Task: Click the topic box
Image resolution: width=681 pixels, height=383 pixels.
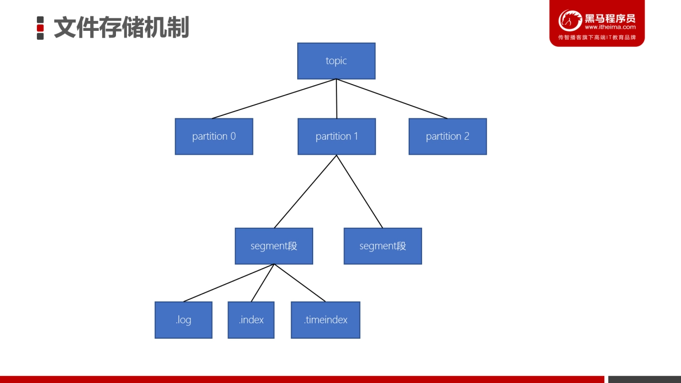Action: click(336, 61)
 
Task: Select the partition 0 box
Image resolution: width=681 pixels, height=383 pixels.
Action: click(214, 136)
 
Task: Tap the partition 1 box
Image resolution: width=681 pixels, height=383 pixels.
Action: click(337, 136)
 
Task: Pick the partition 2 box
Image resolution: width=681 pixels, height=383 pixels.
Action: click(448, 136)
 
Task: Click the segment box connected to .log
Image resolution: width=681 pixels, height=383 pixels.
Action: click(274, 246)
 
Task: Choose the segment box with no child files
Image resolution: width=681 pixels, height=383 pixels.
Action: click(383, 246)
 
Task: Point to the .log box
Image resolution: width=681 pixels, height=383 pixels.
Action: click(184, 320)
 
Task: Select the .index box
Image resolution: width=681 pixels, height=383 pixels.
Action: click(251, 320)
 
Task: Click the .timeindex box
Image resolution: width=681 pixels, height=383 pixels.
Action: click(326, 320)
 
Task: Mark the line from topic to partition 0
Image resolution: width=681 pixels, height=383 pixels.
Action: click(274, 98)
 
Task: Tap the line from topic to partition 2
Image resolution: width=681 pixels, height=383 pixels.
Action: click(392, 98)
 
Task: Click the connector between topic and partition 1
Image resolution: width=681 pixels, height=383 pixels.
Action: click(337, 98)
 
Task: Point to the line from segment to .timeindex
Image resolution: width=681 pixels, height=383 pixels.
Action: click(300, 283)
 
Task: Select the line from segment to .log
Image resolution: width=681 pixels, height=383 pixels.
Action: click(228, 283)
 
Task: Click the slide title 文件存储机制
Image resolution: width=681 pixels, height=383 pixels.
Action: click(121, 28)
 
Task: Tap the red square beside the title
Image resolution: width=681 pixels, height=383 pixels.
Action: click(40, 28)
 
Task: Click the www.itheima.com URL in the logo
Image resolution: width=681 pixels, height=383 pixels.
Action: click(610, 27)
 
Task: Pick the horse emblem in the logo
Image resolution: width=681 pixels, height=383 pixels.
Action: click(570, 20)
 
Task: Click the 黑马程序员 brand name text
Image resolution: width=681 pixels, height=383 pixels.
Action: click(610, 18)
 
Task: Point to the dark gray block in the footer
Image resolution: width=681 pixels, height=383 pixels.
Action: click(645, 380)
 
